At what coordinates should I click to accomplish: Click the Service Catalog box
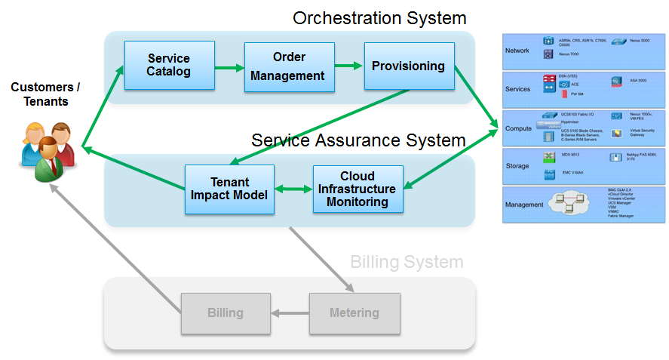169,66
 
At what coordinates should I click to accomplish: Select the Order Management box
289,67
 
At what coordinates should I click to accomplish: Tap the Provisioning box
409,66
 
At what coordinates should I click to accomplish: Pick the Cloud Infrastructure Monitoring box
358,189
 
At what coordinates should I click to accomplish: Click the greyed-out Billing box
226,312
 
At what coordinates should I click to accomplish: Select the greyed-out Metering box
354,312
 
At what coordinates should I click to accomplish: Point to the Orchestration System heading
379,17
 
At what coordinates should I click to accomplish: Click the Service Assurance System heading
358,140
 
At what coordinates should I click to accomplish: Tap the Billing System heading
407,263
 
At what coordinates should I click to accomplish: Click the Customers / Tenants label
46,95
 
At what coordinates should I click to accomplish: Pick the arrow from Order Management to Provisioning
349,66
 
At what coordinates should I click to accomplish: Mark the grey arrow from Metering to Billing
290,312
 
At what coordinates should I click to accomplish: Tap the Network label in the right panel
517,51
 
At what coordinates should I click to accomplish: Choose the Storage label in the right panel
517,166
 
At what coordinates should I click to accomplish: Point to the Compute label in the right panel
519,128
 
